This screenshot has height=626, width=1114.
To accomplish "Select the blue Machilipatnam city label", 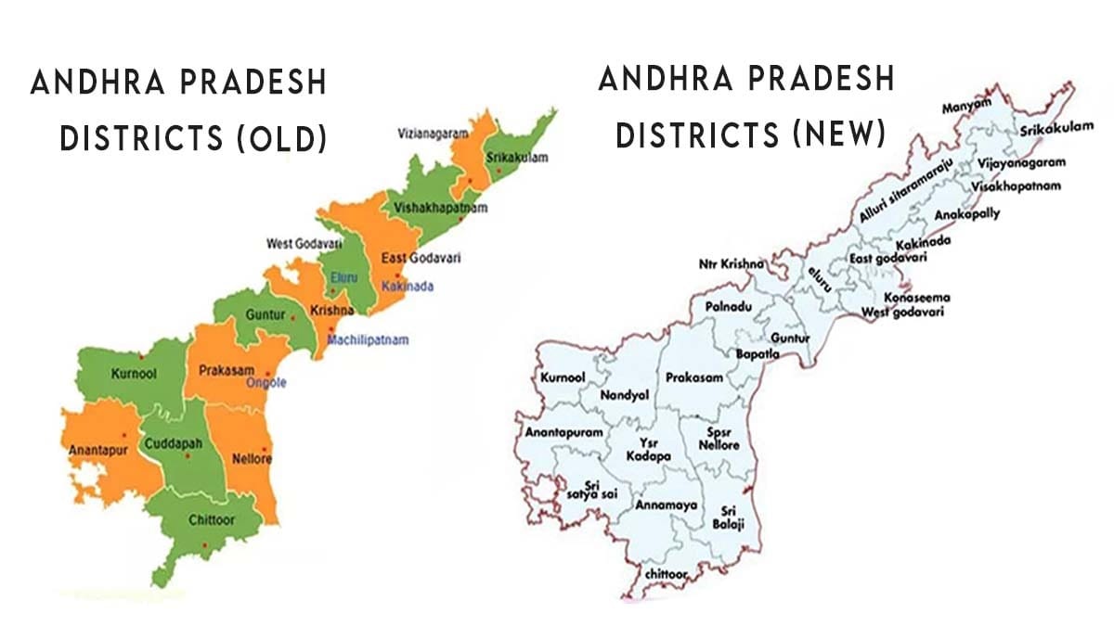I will (368, 340).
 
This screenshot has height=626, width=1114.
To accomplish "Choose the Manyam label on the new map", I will (962, 109).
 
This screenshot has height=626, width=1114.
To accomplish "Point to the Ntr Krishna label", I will (732, 264).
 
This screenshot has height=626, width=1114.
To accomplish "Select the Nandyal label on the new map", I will (630, 395).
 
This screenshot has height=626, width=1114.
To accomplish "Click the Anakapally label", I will (967, 213).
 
